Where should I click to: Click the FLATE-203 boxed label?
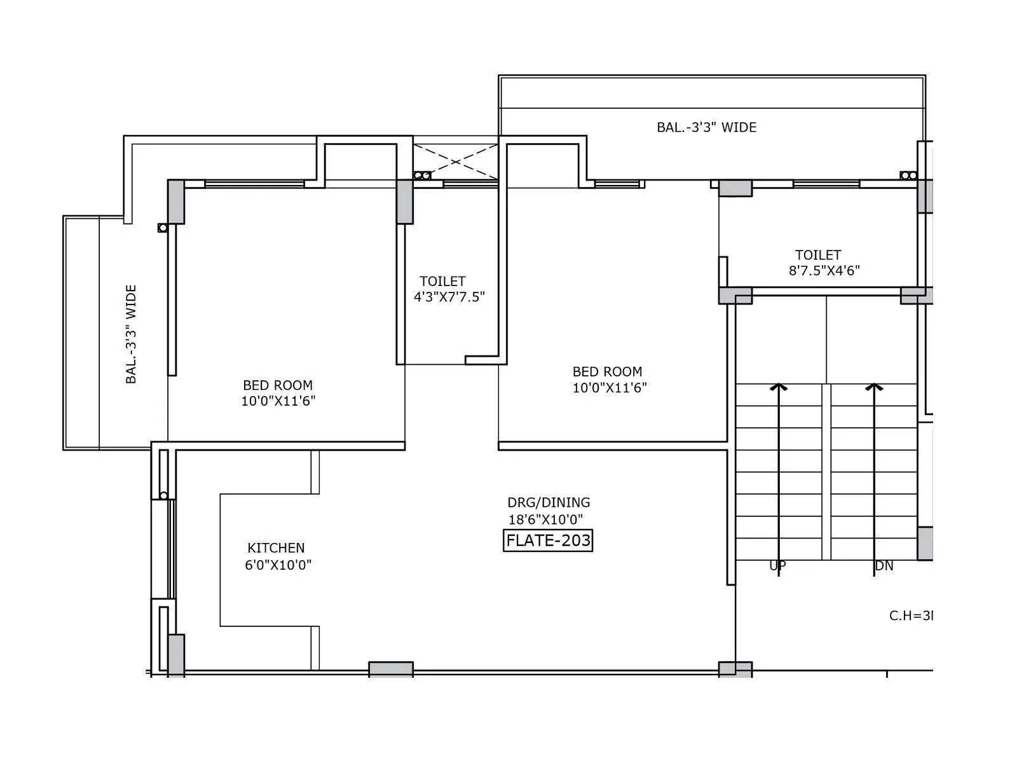coord(548,540)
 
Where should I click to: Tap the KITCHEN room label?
coord(276,547)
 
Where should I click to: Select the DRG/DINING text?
coord(549,502)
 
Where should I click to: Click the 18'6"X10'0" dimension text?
coord(545,519)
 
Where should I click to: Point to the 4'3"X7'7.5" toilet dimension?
coord(449,297)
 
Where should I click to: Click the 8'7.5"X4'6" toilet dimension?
coord(824,270)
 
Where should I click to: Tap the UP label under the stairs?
coord(777,566)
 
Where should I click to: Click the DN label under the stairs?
coord(884,566)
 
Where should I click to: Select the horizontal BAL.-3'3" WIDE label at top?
coord(706,127)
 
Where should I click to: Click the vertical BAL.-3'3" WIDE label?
coord(131,334)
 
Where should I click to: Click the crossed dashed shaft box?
coord(455,161)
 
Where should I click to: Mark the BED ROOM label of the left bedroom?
coord(278,385)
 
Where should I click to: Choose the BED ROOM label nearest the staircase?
coord(607,371)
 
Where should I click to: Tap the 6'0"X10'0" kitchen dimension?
coord(278,565)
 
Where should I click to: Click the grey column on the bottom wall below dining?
coord(391,669)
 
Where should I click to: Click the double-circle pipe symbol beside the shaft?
coord(422,175)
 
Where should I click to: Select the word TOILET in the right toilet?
coord(818,255)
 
